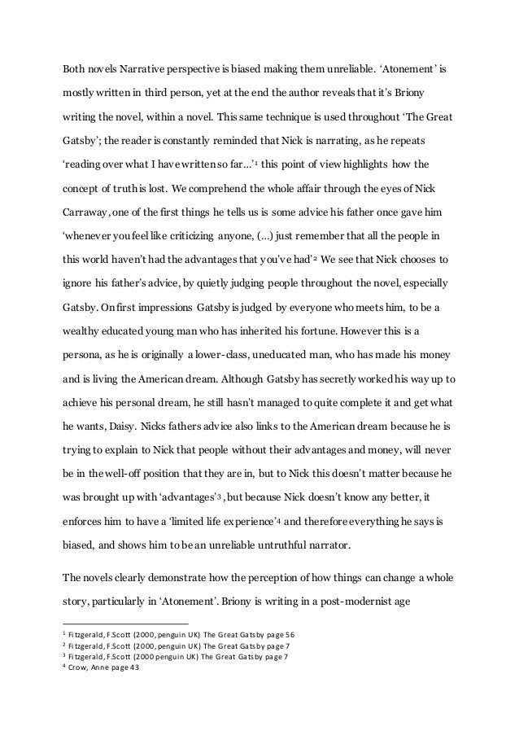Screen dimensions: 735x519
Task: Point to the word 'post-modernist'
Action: point(332,604)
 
